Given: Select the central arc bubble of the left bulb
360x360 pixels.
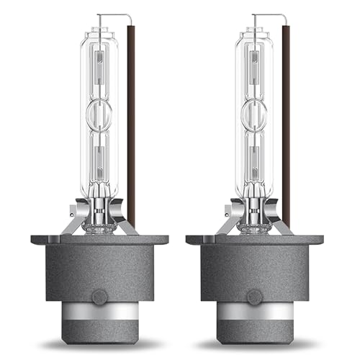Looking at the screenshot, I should click(x=98, y=114).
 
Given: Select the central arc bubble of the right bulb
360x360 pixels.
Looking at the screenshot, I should click(x=254, y=114).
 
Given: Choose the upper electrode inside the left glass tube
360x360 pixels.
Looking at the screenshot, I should click(x=98, y=68).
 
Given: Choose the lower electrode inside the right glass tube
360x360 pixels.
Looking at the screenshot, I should click(x=254, y=155).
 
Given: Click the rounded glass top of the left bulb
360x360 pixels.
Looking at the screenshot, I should click(x=98, y=32).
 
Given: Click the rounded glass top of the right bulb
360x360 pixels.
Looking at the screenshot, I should click(x=254, y=32).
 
